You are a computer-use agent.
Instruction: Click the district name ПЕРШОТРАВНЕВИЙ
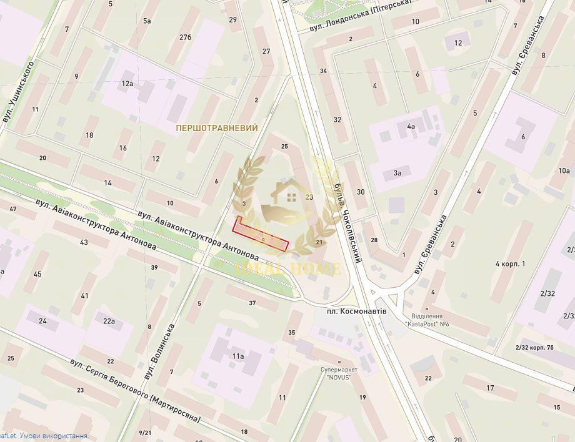[x=217, y=128]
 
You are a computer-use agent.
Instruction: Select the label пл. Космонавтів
[x=356, y=311]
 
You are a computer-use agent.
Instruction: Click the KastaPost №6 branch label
[x=429, y=321]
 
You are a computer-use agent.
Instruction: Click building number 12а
[x=127, y=83]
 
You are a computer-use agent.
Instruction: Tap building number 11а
[x=237, y=356]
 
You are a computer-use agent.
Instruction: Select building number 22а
[x=109, y=322]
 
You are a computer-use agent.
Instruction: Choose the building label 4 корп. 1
[x=510, y=263]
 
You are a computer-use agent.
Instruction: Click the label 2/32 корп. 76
[x=534, y=347]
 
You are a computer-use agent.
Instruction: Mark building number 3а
[x=397, y=173]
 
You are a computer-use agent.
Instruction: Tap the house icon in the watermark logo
[x=291, y=198]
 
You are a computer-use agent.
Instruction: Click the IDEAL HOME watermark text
[x=288, y=269]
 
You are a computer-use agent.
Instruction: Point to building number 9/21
[x=145, y=433]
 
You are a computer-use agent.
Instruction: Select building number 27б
[x=185, y=37]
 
